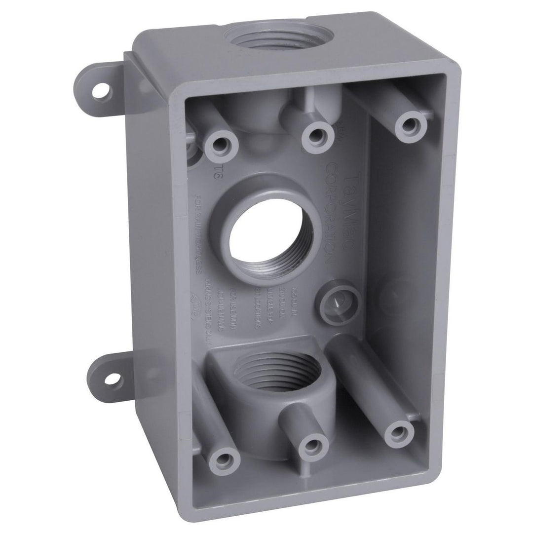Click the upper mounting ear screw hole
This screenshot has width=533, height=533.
click(x=102, y=91)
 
